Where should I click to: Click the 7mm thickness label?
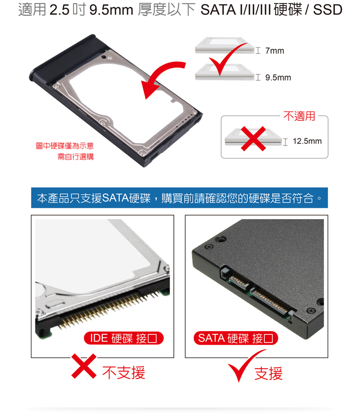[275, 50]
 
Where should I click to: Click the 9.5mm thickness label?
[278, 78]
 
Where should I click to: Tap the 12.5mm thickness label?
[307, 141]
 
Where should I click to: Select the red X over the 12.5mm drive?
[254, 138]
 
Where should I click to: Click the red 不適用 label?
[299, 116]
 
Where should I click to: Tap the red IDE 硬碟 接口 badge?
[123, 338]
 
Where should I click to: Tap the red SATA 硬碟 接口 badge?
[236, 338]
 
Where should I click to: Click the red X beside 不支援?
[84, 366]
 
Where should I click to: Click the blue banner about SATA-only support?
[179, 198]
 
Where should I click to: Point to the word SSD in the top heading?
[328, 10]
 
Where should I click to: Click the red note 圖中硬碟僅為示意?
[65, 146]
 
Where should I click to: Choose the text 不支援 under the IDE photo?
[123, 372]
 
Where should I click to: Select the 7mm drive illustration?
[224, 45]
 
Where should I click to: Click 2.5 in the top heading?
[60, 10]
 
